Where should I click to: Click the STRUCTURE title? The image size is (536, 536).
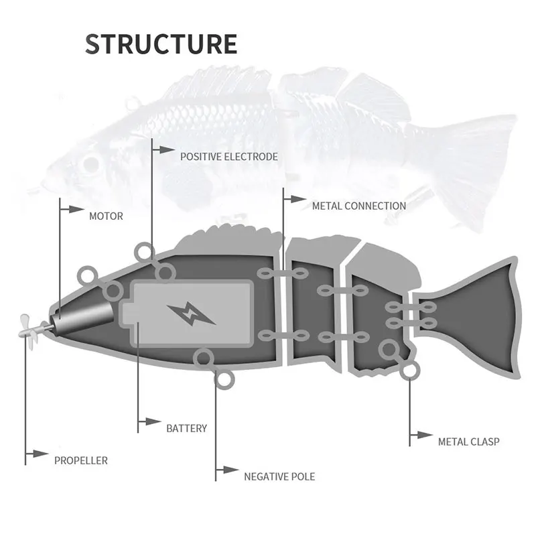pyautogui.click(x=161, y=44)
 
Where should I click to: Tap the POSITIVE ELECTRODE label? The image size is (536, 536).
pyautogui.click(x=228, y=157)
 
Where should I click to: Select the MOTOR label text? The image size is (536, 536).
pyautogui.click(x=106, y=216)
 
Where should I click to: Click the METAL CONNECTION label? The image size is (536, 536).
pyautogui.click(x=358, y=206)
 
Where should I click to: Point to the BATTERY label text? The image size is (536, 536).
pyautogui.click(x=186, y=428)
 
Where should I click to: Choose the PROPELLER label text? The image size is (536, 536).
pyautogui.click(x=80, y=460)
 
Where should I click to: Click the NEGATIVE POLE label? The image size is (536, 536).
pyautogui.click(x=279, y=477)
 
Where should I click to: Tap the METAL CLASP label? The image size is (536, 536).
pyautogui.click(x=468, y=442)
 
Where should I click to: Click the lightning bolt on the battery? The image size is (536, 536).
pyautogui.click(x=192, y=313)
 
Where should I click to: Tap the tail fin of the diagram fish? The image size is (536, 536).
pyautogui.click(x=469, y=315)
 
